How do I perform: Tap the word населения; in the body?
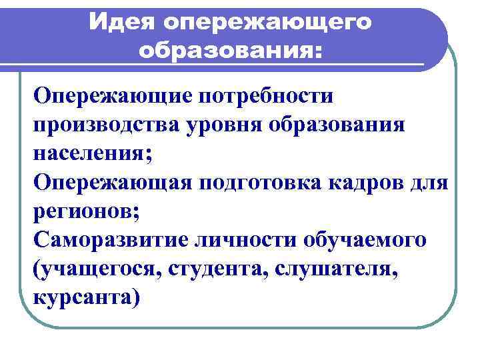[x=93, y=153]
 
